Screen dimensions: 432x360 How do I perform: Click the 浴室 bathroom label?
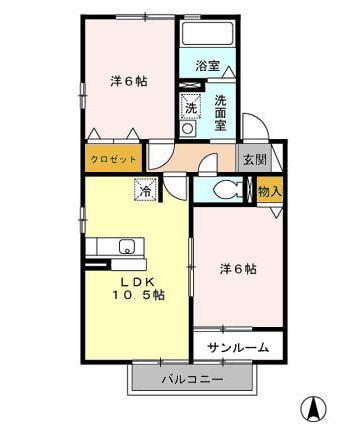coord(207,66)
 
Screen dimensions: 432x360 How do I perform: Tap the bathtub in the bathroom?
coord(208,34)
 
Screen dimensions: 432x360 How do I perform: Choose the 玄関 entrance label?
coord(251,160)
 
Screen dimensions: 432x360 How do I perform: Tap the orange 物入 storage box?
coord(270,188)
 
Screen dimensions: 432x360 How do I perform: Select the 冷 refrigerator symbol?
coord(146,188)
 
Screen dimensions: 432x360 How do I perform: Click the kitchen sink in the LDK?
coord(126,247)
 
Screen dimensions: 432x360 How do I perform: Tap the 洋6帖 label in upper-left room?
coord(128,81)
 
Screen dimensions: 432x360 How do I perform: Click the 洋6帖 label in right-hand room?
coord(238,268)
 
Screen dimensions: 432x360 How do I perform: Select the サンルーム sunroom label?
coord(237,347)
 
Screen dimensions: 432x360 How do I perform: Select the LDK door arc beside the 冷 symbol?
coord(174,184)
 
